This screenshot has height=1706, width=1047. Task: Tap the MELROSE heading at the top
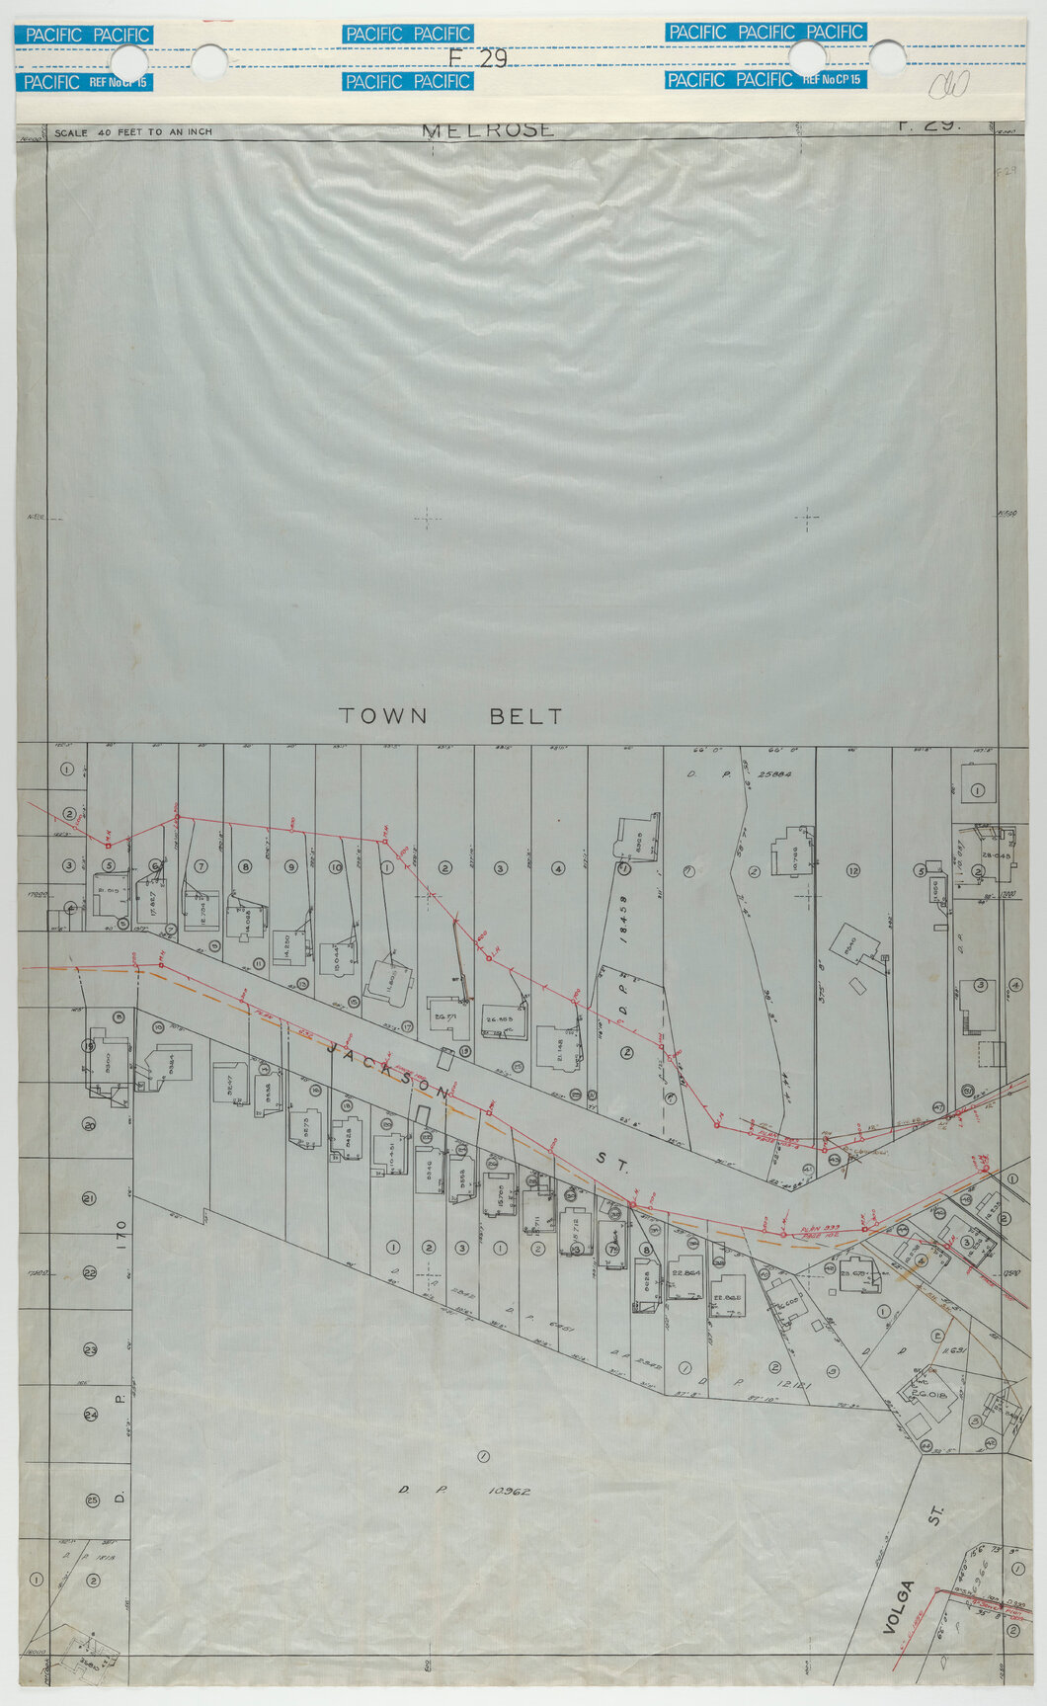pos(488,130)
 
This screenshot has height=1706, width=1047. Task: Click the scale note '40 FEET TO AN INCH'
pos(133,132)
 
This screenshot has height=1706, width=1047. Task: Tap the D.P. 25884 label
pos(743,775)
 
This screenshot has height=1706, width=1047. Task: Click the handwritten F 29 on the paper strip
pos(478,58)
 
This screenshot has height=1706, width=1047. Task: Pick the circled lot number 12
pos(851,870)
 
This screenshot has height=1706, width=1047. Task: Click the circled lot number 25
pos(92,1501)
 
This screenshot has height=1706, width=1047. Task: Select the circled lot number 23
pos(89,1349)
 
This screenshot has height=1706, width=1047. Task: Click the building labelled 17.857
pos(155,900)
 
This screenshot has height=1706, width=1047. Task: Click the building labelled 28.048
pos(992,855)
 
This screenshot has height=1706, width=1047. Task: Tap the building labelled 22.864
pos(685,1273)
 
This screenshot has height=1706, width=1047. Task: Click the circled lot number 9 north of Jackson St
pos(290,866)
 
